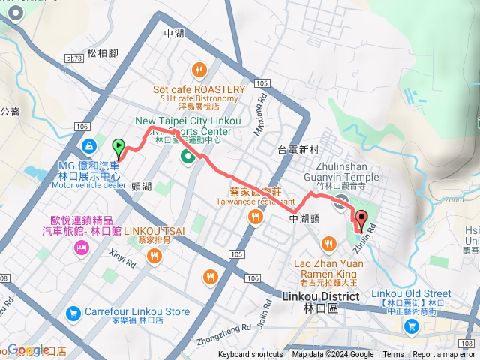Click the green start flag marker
pyautogui.click(x=118, y=148)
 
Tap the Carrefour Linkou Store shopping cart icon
pyautogui.click(x=73, y=311)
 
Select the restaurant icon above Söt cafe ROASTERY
pyautogui.click(x=199, y=70)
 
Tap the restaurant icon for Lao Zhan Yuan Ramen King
pyautogui.click(x=328, y=244)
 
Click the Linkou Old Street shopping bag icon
pyautogui.click(x=411, y=325)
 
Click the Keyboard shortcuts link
pyautogui.click(x=250, y=355)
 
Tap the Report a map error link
pyautogui.click(x=444, y=355)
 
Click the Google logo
pyautogui.click(x=28, y=349)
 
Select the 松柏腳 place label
pyautogui.click(x=103, y=52)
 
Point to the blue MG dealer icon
pyautogui.click(x=89, y=145)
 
